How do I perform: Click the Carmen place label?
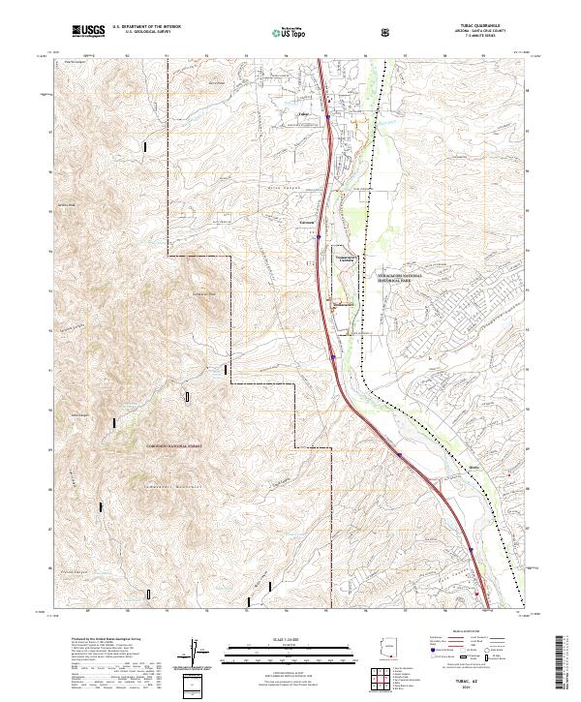click(308, 222)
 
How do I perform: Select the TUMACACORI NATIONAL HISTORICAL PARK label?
click(389, 276)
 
